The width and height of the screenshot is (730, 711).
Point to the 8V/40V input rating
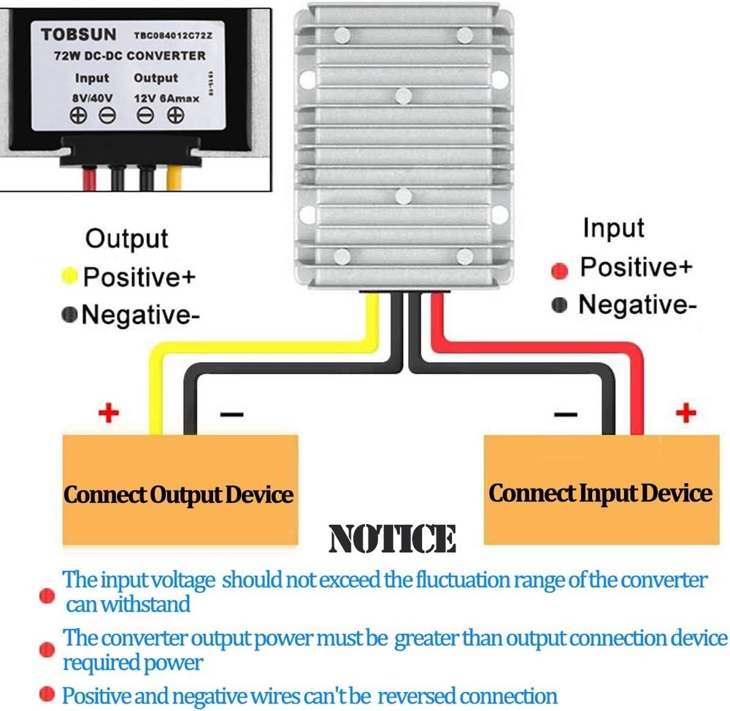(92, 97)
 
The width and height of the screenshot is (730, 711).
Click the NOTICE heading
(393, 539)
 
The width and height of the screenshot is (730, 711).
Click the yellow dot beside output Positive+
(70, 275)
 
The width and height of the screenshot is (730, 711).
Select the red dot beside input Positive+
(559, 271)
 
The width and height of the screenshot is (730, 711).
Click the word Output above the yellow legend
(126, 239)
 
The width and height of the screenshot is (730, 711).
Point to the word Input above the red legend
(613, 228)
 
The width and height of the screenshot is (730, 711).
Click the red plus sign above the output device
(108, 414)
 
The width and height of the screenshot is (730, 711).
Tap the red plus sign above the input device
(685, 414)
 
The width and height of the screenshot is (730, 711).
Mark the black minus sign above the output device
(231, 415)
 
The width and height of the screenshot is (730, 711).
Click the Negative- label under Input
(632, 304)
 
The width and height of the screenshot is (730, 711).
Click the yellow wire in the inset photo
(176, 177)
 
